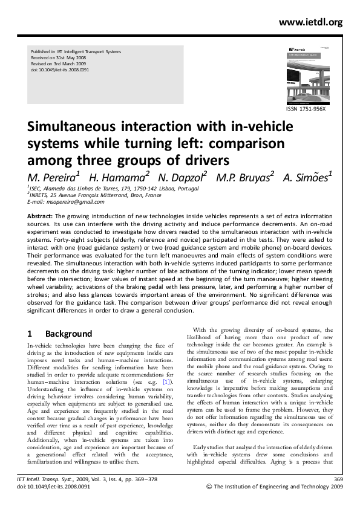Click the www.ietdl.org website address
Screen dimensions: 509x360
tap(311, 22)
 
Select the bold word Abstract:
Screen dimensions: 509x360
tap(41, 215)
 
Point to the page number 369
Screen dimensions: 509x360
tap(338, 479)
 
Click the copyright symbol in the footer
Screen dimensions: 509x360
tap(209, 486)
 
